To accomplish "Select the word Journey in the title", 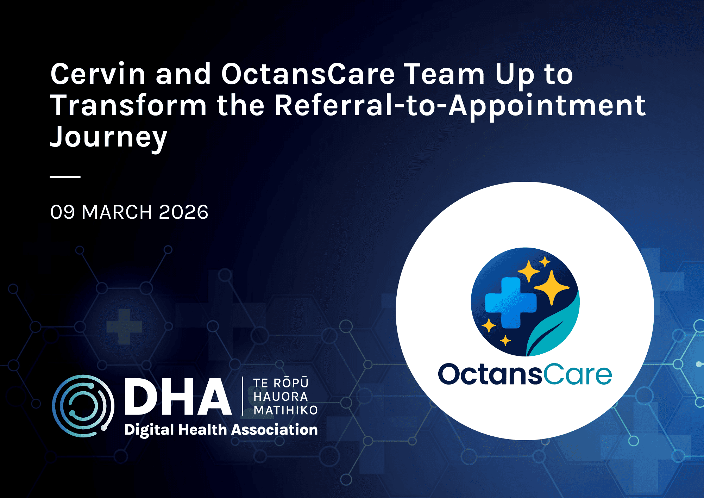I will pyautogui.click(x=108, y=137).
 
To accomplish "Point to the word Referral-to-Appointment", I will pyautogui.click(x=460, y=106).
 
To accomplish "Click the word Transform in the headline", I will pyautogui.click(x=128, y=106).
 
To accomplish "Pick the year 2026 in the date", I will pyautogui.click(x=183, y=212).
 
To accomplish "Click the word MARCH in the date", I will pyautogui.click(x=117, y=212).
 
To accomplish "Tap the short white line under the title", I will pyautogui.click(x=65, y=176).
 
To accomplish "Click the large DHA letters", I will pyautogui.click(x=178, y=397).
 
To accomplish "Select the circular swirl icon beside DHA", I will pyautogui.click(x=83, y=406).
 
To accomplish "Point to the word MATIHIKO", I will pyautogui.click(x=285, y=410).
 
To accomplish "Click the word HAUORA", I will pyautogui.click(x=281, y=397).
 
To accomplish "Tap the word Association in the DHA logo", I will pyautogui.click(x=275, y=430).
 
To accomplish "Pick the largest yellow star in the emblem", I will pyautogui.click(x=551, y=287).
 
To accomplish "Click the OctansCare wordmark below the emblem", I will pyautogui.click(x=525, y=374).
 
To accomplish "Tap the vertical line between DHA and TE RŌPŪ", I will pyautogui.click(x=243, y=396).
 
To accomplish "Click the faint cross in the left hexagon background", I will pyautogui.click(x=124, y=326).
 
